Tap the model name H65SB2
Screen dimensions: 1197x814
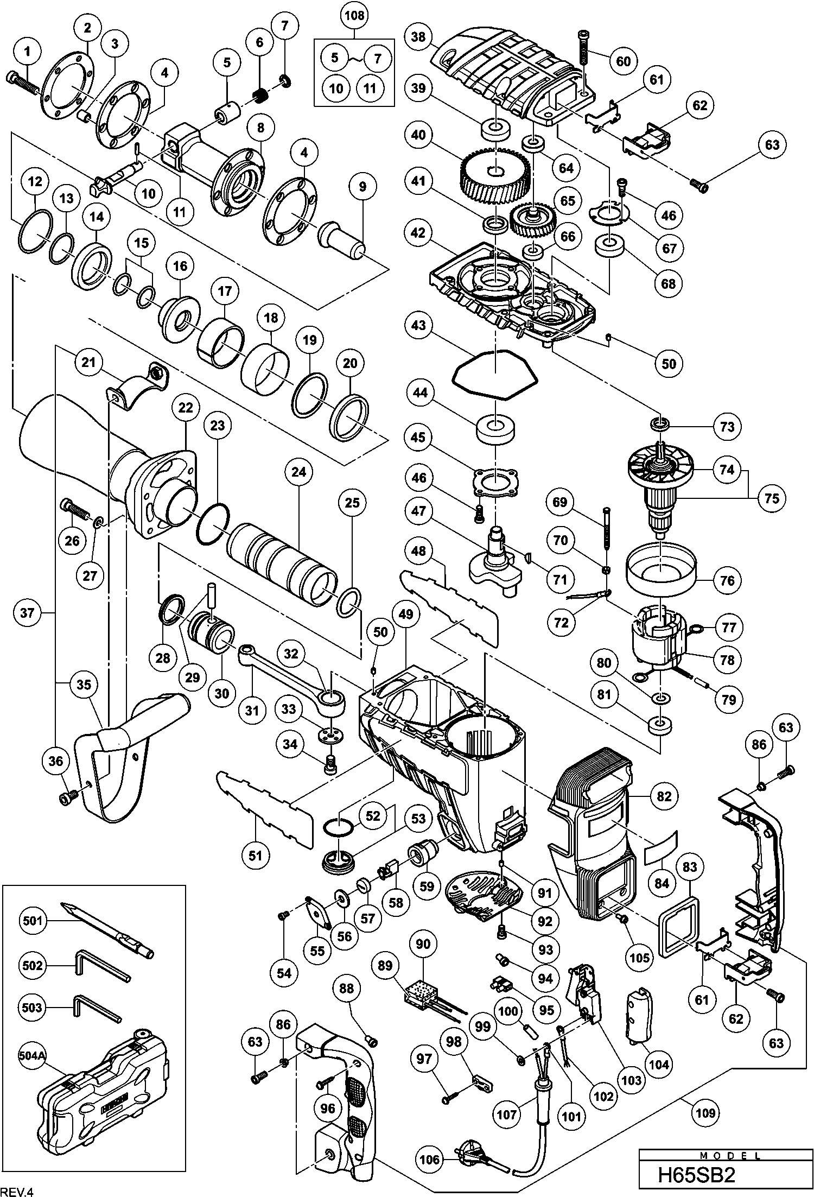pyautogui.click(x=696, y=1174)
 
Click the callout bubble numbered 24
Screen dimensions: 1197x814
pyautogui.click(x=298, y=472)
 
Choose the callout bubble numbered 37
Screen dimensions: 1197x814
pyautogui.click(x=27, y=613)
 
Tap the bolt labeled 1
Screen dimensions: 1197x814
pyautogui.click(x=24, y=84)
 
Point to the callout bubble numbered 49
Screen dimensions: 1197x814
pyautogui.click(x=405, y=615)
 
